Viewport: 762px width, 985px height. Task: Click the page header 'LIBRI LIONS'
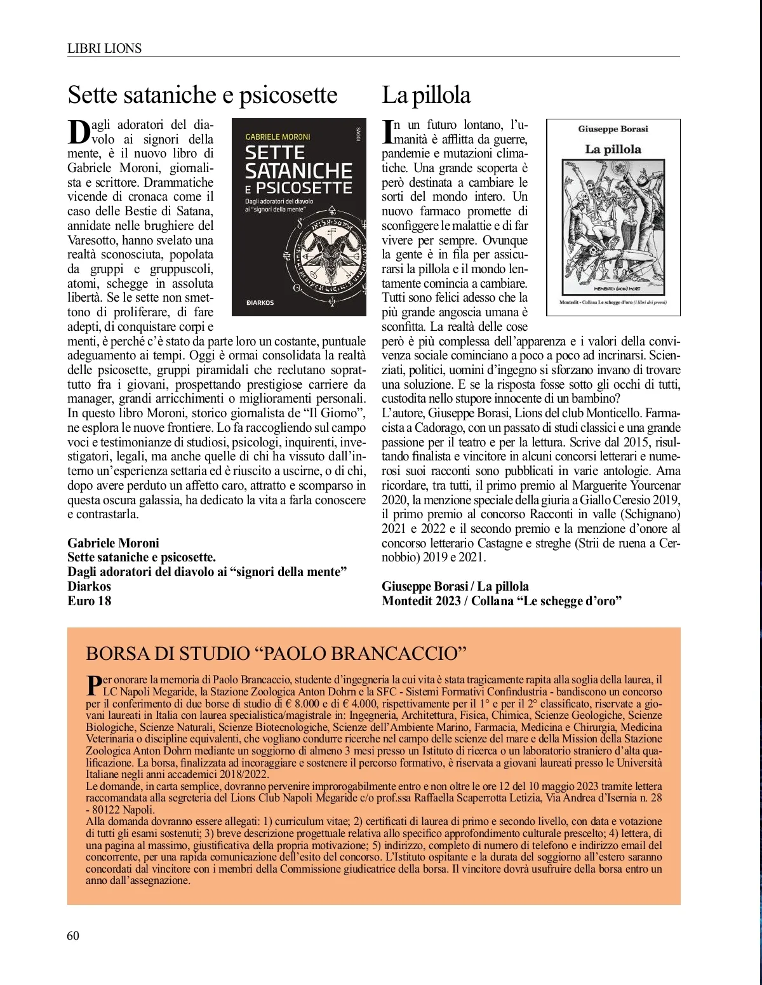point(104,48)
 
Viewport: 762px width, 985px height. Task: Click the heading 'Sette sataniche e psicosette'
point(203,95)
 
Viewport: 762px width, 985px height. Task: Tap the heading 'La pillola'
point(426,95)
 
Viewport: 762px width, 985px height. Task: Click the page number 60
point(73,935)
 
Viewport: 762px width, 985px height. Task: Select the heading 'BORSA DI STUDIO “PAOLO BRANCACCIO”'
point(276,653)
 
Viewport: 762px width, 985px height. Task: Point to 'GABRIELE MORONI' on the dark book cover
point(277,137)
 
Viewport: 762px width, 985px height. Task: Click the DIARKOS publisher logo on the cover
point(260,302)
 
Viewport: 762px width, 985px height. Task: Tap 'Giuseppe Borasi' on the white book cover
point(613,129)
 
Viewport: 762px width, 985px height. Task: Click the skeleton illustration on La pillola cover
point(613,225)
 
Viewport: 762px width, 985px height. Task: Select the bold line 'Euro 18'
point(90,601)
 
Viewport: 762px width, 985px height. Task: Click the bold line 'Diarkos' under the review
point(90,586)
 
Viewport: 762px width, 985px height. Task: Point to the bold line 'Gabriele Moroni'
point(113,543)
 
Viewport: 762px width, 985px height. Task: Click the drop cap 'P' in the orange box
point(93,684)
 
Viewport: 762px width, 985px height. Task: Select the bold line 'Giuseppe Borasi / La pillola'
point(455,586)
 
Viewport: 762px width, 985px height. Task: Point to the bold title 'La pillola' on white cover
point(613,149)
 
